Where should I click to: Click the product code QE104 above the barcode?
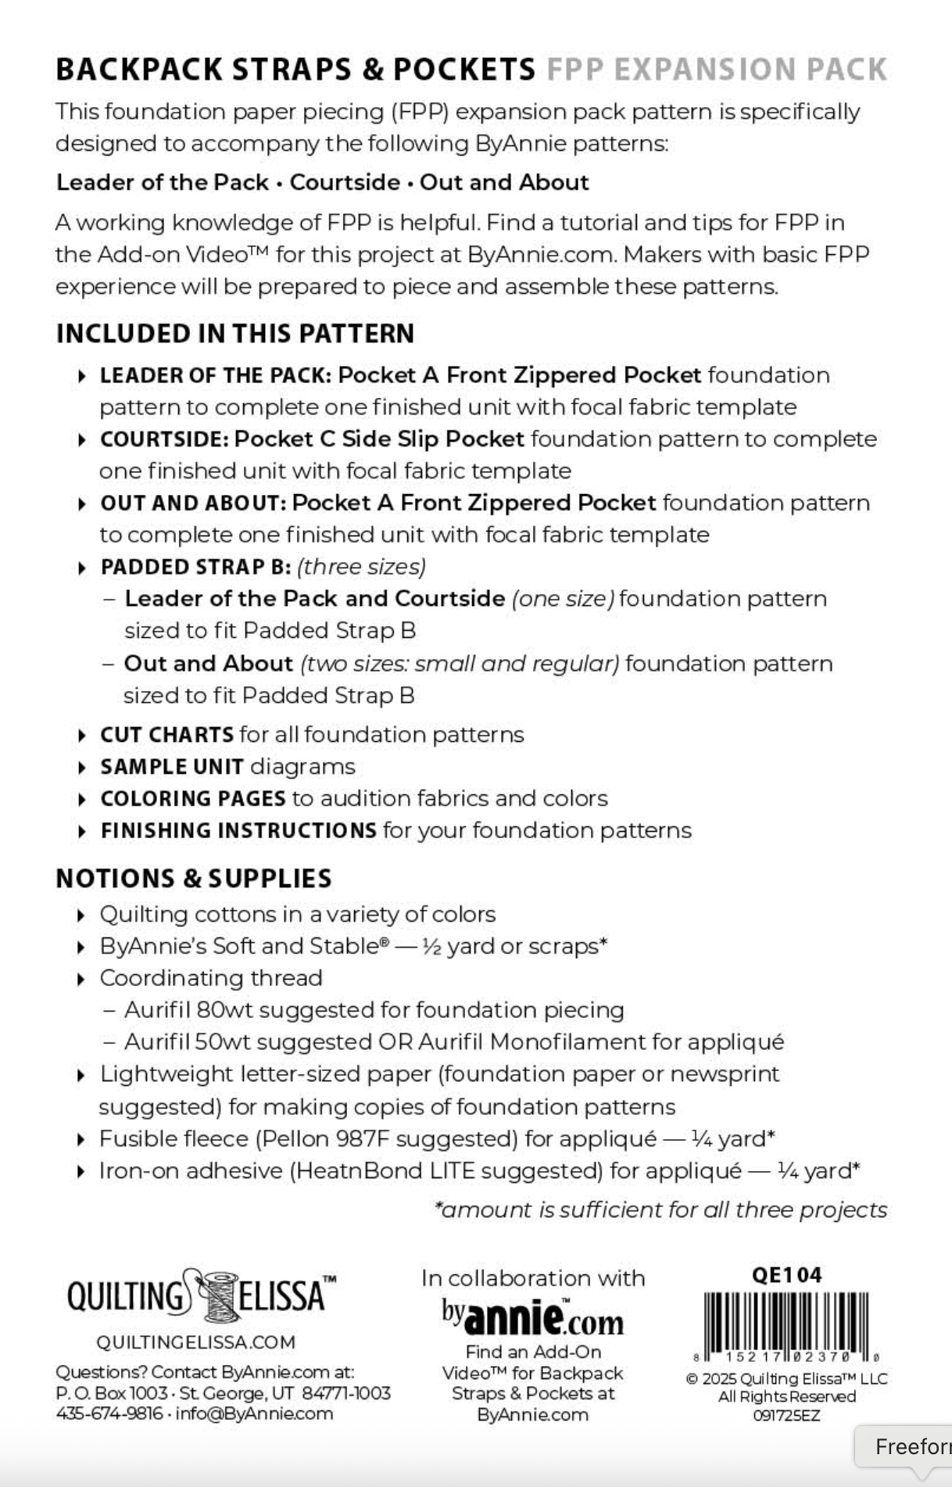(786, 1275)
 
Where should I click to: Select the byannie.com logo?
(533, 1317)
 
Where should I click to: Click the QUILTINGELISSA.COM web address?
(195, 1342)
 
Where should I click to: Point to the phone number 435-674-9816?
(109, 1414)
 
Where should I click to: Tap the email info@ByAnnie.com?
(254, 1414)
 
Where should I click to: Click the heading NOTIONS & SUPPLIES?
(194, 878)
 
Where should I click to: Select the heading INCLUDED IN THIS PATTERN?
(234, 334)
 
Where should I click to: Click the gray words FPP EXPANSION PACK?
(717, 70)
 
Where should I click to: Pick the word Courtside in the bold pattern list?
(345, 182)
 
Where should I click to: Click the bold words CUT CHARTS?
(166, 735)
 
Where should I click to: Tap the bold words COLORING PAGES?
(193, 798)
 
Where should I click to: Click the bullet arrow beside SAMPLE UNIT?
(82, 768)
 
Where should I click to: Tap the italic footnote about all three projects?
(661, 1209)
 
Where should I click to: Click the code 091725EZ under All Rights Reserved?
(786, 1415)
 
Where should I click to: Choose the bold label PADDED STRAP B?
(195, 567)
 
